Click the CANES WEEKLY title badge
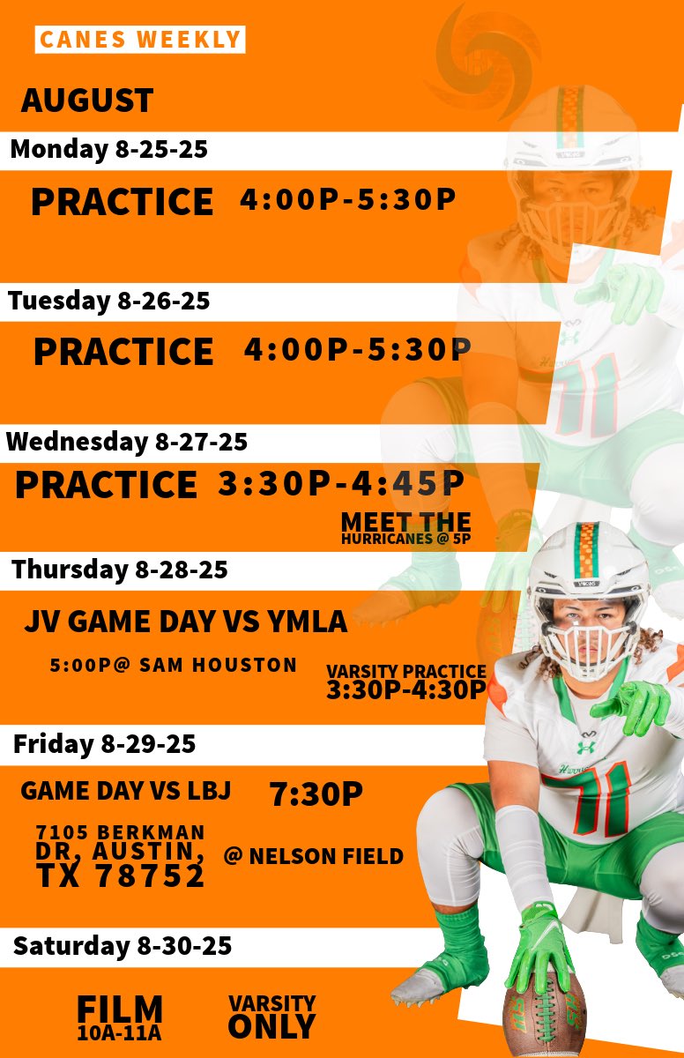tap(140, 40)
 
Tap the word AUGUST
tap(87, 101)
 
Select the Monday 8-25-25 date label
tap(108, 149)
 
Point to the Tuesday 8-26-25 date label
tap(109, 302)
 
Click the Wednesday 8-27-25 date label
tap(128, 442)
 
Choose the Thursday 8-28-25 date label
tap(120, 570)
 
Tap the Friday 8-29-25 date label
tap(104, 745)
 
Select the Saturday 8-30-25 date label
tap(123, 947)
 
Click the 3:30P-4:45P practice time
tap(341, 483)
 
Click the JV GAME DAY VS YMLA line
tap(185, 622)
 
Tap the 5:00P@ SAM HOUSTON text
tap(174, 665)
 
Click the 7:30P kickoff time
tap(316, 794)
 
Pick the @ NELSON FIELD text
tap(314, 855)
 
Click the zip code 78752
tap(152, 875)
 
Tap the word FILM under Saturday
tap(120, 1008)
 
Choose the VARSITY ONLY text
tap(271, 1017)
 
